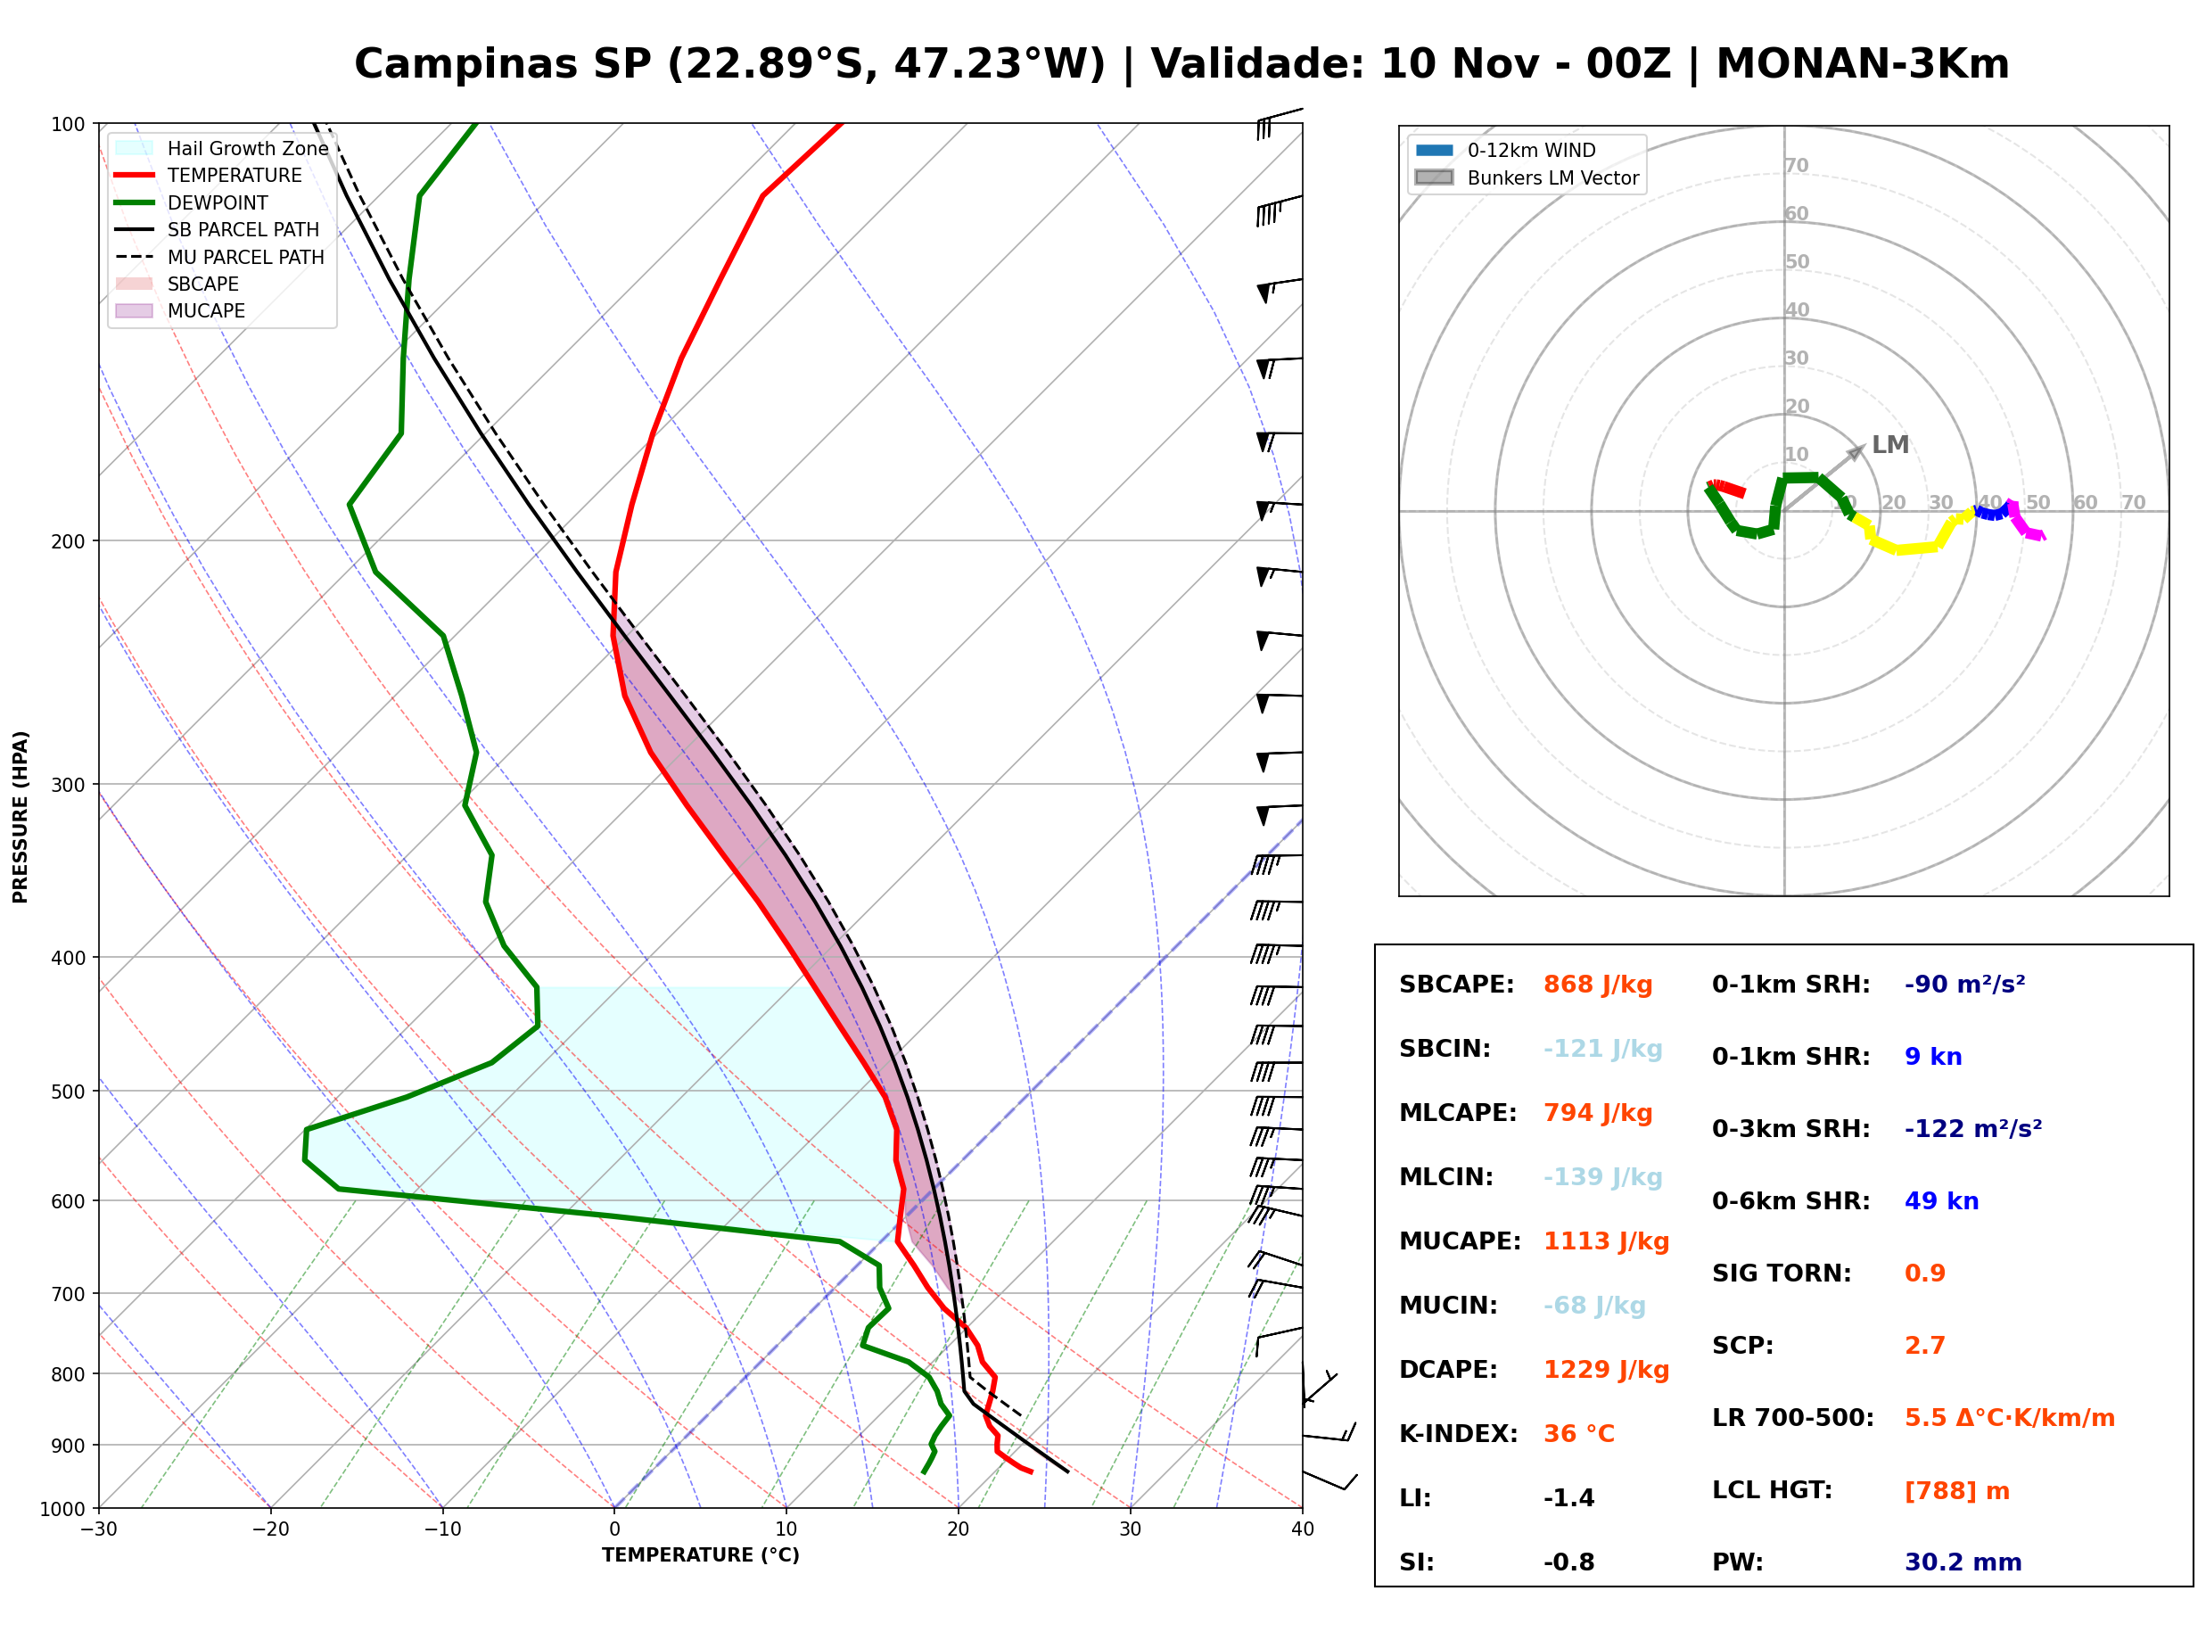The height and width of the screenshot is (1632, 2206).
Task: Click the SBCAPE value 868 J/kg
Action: [1598, 985]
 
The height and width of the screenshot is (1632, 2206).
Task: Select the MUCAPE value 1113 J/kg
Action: [1607, 1241]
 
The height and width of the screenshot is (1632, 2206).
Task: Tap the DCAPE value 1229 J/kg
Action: [1607, 1370]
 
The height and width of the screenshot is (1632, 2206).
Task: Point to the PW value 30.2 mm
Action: [1963, 1562]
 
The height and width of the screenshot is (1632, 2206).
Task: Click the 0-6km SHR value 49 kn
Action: [1941, 1201]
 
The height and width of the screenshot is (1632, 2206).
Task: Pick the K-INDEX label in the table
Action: [1459, 1434]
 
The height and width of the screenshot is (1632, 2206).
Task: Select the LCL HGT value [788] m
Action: [1957, 1491]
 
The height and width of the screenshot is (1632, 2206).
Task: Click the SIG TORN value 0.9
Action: [1924, 1273]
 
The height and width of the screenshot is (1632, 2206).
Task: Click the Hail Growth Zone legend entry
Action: [221, 148]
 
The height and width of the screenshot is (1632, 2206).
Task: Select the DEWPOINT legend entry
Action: [192, 202]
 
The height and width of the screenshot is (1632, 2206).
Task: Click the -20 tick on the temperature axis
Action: [270, 1529]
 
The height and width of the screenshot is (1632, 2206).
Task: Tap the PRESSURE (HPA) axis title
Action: [21, 817]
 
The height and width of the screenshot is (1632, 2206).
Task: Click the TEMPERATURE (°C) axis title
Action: [701, 1555]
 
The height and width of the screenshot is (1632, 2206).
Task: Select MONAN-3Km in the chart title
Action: [1863, 64]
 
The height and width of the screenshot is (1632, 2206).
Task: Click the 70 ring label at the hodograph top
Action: [1796, 165]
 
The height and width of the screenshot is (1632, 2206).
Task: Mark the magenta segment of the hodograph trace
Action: [2025, 522]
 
